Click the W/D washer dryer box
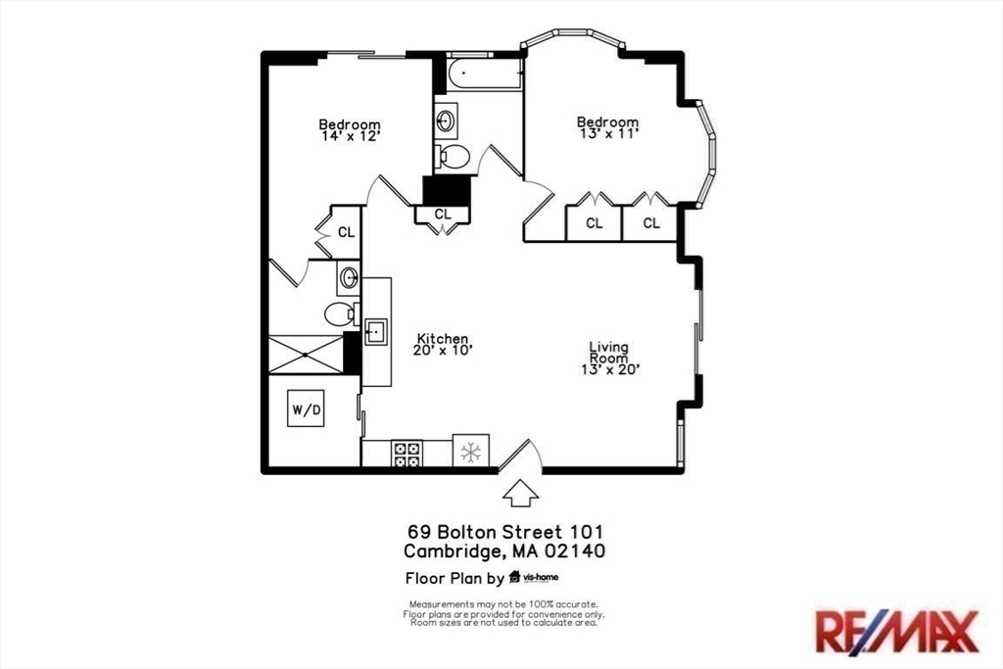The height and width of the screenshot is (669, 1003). (x=306, y=408)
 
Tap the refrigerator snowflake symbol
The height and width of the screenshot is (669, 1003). (x=471, y=452)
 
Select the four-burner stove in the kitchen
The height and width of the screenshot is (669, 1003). (x=406, y=454)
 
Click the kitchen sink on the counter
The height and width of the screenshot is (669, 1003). (x=376, y=332)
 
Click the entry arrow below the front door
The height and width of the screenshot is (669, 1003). (x=520, y=493)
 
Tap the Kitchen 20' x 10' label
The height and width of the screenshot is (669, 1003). (x=443, y=344)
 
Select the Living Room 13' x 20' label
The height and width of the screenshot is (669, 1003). (x=610, y=358)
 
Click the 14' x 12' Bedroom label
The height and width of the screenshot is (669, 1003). (x=350, y=130)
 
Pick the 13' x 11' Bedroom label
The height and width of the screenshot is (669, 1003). (x=607, y=127)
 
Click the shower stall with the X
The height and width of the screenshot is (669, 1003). (x=306, y=355)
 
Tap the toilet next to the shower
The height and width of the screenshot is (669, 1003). (x=339, y=313)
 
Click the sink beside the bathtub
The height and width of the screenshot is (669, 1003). (x=446, y=119)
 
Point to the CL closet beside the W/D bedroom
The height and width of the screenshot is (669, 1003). (x=346, y=232)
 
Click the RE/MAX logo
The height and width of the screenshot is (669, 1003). (x=897, y=631)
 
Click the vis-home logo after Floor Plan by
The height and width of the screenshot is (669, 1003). (x=534, y=578)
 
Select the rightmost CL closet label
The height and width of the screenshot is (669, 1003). (x=651, y=223)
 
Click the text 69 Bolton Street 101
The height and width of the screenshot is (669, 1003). (x=505, y=532)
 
